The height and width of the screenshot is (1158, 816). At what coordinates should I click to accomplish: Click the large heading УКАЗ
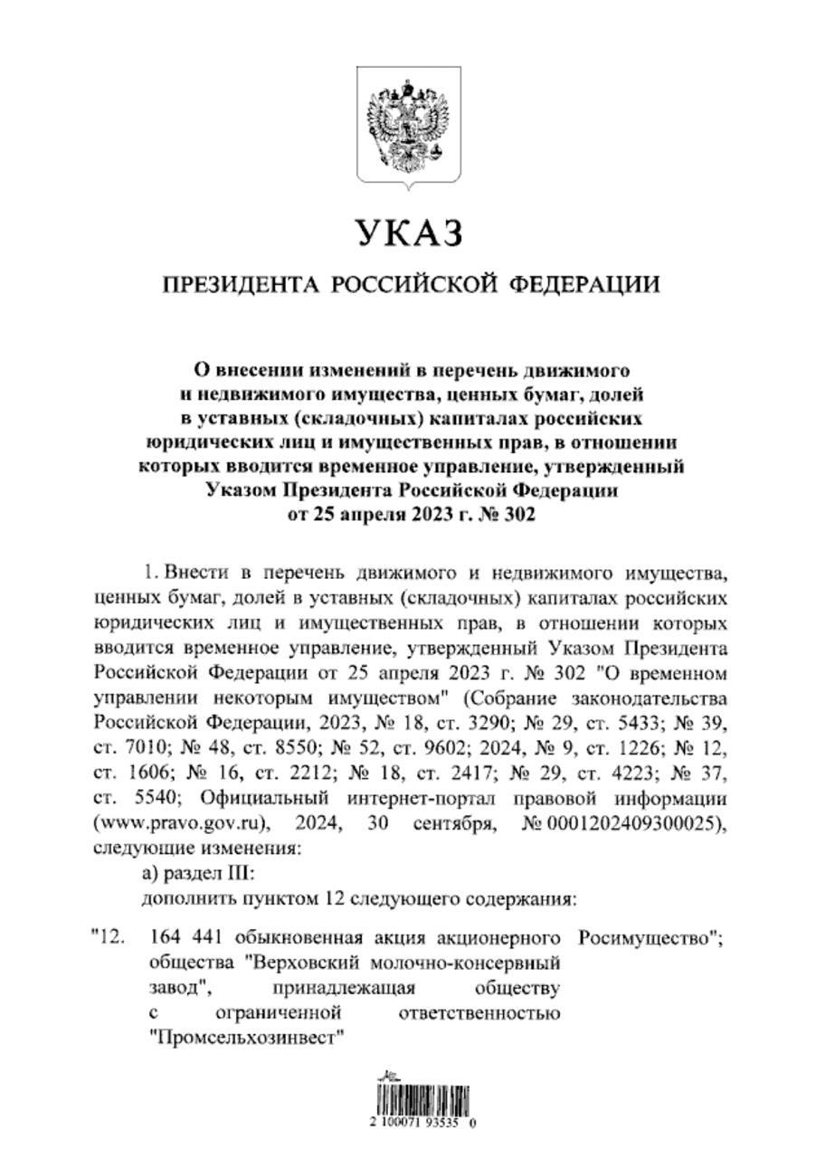(408, 233)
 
